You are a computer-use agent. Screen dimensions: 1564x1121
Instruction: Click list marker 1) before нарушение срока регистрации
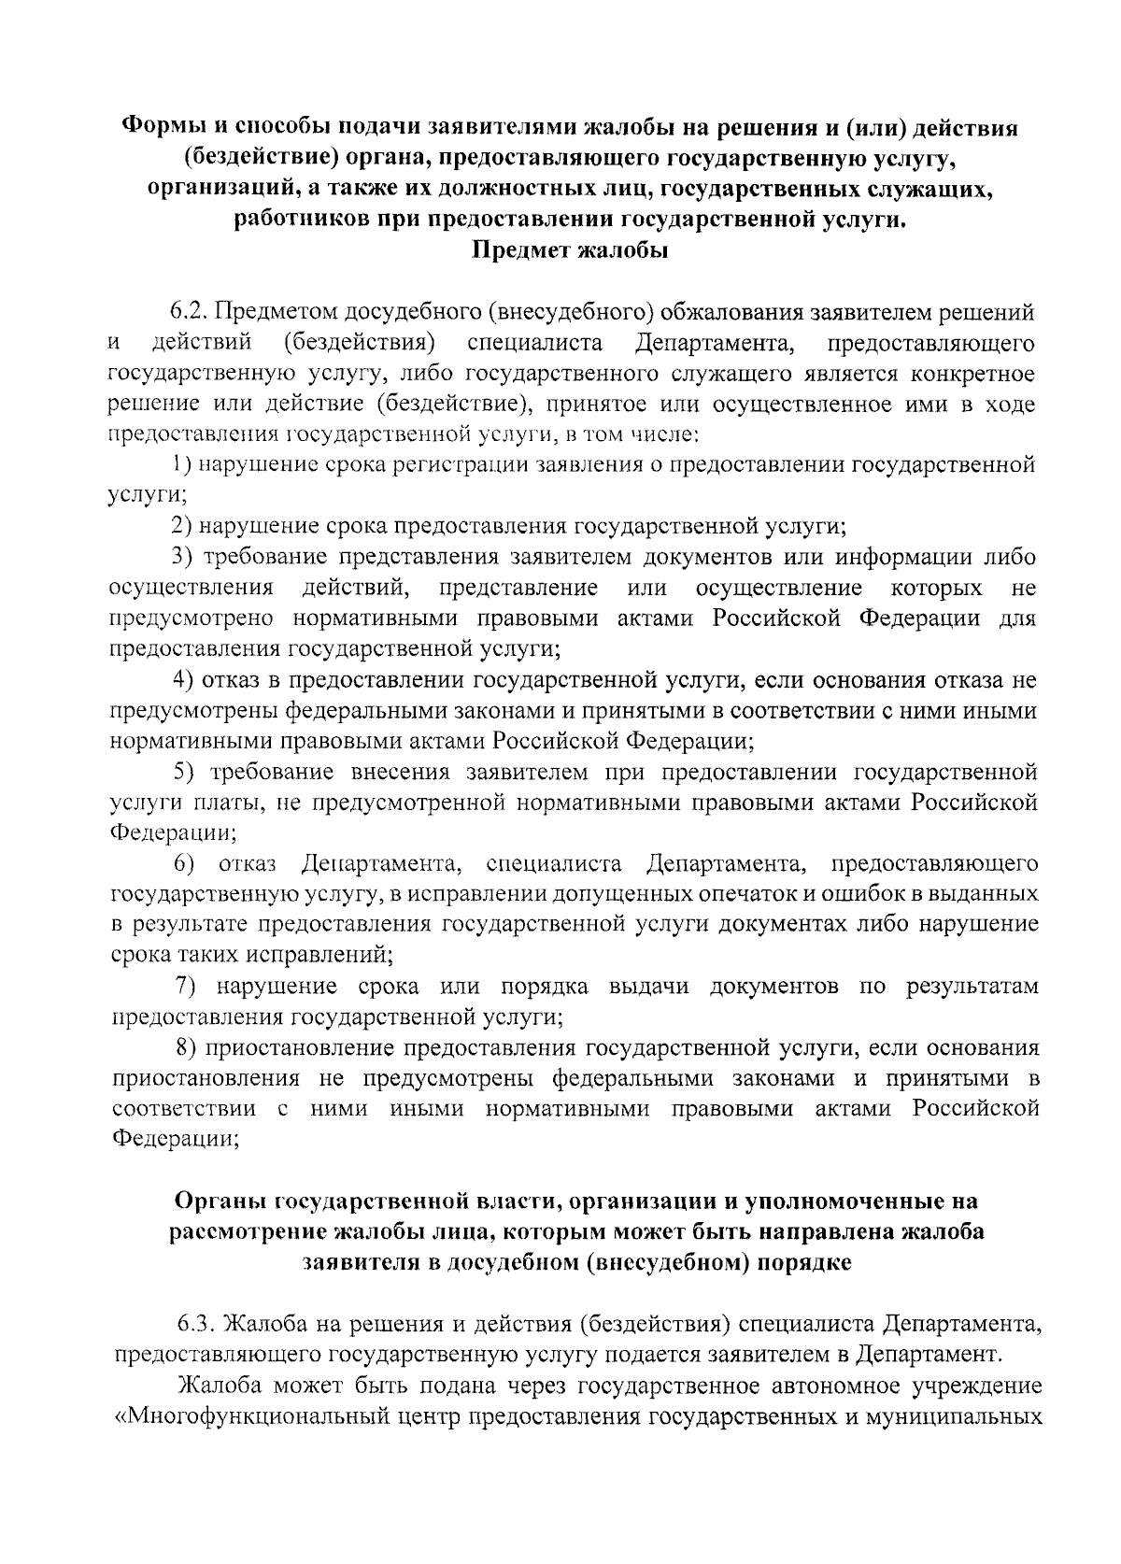[181, 465]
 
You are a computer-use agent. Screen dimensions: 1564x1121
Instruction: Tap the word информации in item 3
[904, 558]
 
